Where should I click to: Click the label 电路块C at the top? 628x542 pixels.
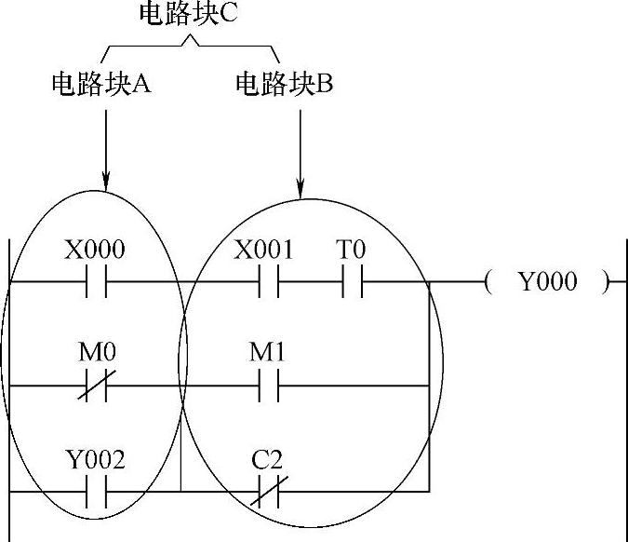tap(190, 15)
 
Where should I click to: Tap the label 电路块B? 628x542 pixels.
tap(284, 85)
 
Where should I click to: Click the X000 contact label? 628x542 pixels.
tap(94, 251)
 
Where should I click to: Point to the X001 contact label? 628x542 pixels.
tap(264, 251)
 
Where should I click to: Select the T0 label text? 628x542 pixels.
tap(351, 251)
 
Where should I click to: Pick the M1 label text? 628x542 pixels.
tap(266, 354)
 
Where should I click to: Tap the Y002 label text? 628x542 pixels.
tap(95, 459)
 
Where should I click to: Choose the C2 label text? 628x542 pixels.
tap(266, 459)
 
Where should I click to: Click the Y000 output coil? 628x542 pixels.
tap(547, 282)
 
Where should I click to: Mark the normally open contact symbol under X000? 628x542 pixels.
tap(96, 282)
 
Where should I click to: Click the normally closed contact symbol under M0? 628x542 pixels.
tap(96, 385)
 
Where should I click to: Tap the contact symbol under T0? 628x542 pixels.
tap(352, 282)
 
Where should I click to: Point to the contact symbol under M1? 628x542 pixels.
tap(268, 385)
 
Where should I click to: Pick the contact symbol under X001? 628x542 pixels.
tap(268, 282)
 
